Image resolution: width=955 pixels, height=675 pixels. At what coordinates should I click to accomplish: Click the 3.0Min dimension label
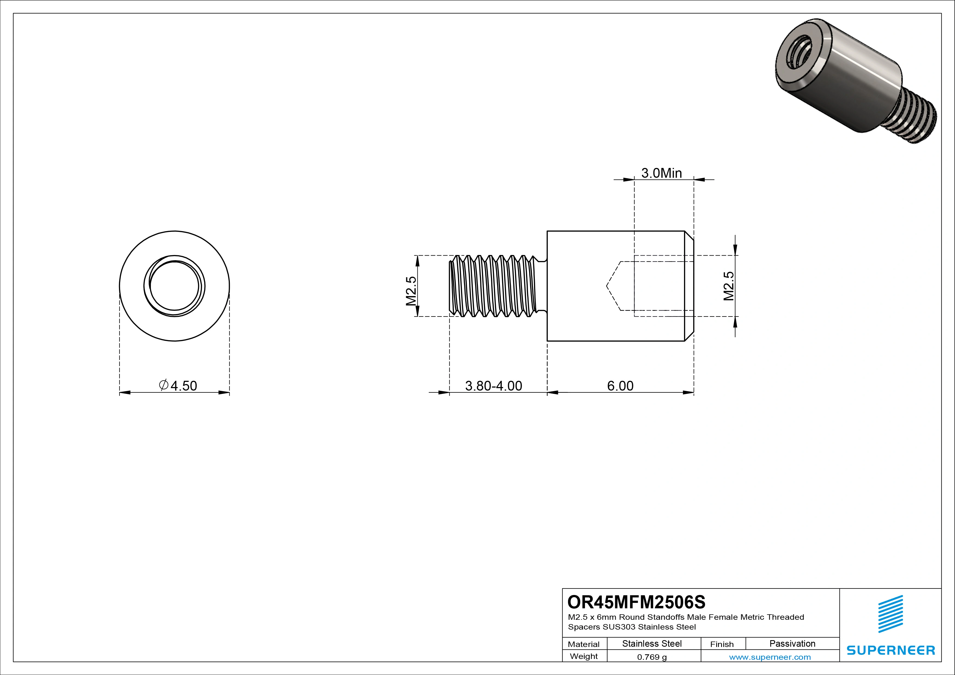click(x=661, y=173)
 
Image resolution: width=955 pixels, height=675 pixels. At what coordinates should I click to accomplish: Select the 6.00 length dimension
click(x=620, y=386)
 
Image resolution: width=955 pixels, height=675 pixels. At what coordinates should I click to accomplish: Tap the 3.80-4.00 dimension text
click(x=493, y=386)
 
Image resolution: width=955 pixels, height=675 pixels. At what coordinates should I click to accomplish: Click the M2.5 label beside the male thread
click(x=411, y=291)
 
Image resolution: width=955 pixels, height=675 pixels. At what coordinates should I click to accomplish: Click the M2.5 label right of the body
click(x=729, y=286)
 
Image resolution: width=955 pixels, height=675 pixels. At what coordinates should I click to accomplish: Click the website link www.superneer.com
click(x=770, y=657)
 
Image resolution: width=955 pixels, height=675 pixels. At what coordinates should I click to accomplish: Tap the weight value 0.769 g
click(x=652, y=657)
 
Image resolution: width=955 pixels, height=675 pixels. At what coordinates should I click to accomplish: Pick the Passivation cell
click(x=792, y=643)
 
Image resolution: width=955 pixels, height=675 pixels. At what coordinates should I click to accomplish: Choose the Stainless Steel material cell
click(x=652, y=643)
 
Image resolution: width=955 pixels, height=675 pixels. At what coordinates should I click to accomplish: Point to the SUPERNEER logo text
click(x=890, y=650)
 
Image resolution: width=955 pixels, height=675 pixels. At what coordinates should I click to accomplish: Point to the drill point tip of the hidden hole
click(x=607, y=286)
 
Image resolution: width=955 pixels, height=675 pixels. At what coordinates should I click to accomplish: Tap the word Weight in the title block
click(x=584, y=656)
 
